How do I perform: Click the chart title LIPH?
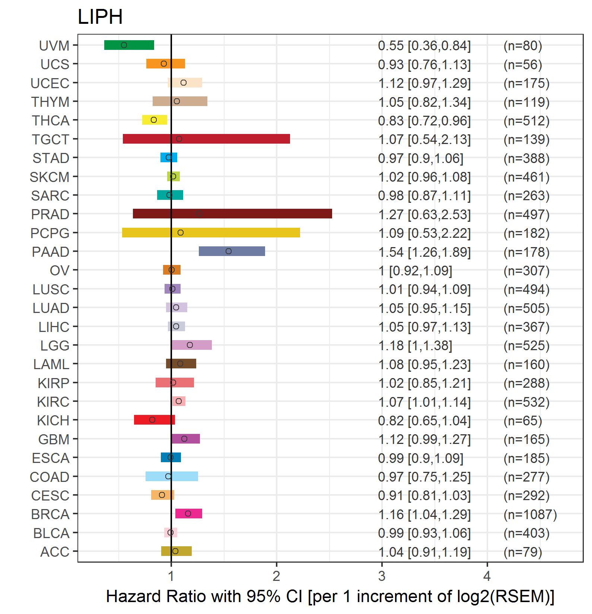100,17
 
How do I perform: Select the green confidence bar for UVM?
129,45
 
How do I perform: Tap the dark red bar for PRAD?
232,214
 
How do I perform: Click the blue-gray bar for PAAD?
232,251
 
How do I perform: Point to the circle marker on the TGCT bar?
179,139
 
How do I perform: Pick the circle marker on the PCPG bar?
181,233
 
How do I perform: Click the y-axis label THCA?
51,121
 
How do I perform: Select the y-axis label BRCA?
50,514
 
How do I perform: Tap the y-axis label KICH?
53,420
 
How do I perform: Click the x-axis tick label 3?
382,576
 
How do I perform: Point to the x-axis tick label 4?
487,576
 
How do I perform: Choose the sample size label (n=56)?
523,64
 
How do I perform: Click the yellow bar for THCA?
155,120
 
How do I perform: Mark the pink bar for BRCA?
189,514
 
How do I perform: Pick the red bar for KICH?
154,420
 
